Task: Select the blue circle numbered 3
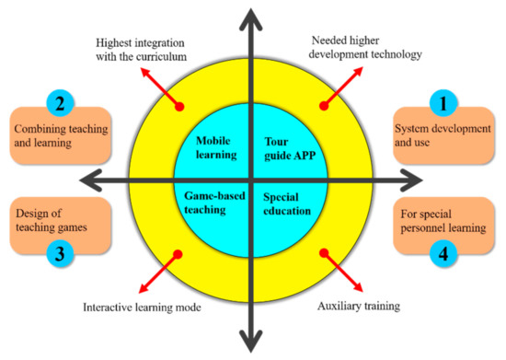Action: (57, 254)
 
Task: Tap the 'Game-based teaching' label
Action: (213, 203)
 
